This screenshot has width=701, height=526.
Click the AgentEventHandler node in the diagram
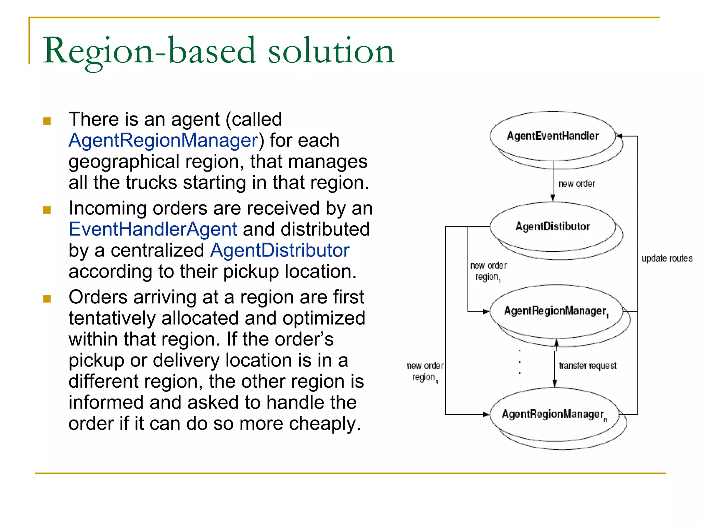(x=552, y=136)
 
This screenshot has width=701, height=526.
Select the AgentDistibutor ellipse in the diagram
(x=552, y=226)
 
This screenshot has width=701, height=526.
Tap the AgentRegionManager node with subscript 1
(x=556, y=311)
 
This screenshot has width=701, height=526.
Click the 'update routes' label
(x=667, y=258)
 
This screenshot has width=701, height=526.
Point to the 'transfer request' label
(x=587, y=366)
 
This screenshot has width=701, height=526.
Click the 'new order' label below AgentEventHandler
(x=576, y=184)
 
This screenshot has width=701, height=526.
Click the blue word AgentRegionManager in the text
(x=163, y=140)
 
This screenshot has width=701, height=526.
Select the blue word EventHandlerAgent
(x=153, y=229)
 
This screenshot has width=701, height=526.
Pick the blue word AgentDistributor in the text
(x=280, y=250)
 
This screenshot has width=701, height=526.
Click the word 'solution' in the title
(x=331, y=51)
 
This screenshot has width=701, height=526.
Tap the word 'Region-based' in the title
(x=149, y=51)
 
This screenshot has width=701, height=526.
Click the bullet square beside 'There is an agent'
(x=47, y=121)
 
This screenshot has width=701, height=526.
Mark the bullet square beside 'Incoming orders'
(x=47, y=210)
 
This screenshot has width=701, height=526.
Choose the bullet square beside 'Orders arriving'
(x=47, y=299)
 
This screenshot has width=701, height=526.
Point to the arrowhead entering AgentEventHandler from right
(x=619, y=136)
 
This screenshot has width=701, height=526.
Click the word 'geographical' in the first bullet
(x=124, y=162)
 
